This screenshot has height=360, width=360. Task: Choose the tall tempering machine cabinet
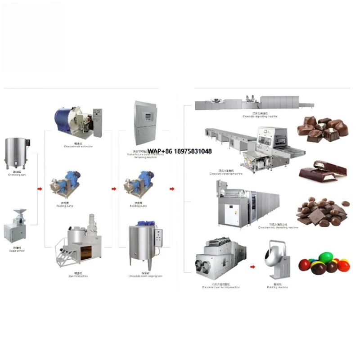[x=145, y=121]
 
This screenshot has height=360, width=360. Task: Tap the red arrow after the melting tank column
[x=40, y=189]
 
